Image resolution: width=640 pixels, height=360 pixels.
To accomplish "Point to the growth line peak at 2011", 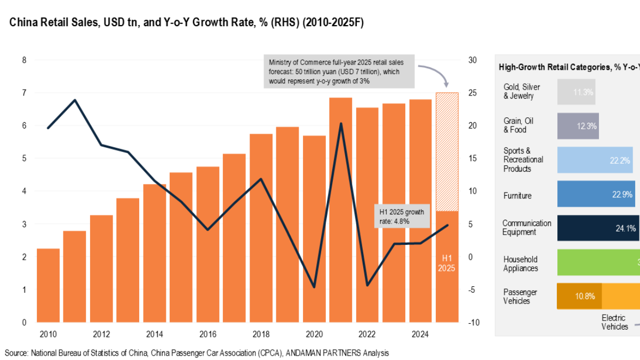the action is click(x=75, y=100).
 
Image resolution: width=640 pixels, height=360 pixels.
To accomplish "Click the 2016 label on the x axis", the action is click(x=207, y=334).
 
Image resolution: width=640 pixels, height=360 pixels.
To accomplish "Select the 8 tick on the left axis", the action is click(x=24, y=60).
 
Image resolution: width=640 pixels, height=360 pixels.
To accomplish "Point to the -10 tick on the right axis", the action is click(x=473, y=323).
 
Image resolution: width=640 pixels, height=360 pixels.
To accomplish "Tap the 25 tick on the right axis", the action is click(x=473, y=93).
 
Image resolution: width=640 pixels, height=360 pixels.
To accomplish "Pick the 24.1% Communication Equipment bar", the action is click(x=597, y=228).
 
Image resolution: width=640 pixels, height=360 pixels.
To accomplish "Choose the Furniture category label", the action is click(x=517, y=196).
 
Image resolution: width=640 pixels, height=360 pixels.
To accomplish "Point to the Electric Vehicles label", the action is click(x=614, y=322).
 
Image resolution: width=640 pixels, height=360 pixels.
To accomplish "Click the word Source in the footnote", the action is click(x=15, y=353).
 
